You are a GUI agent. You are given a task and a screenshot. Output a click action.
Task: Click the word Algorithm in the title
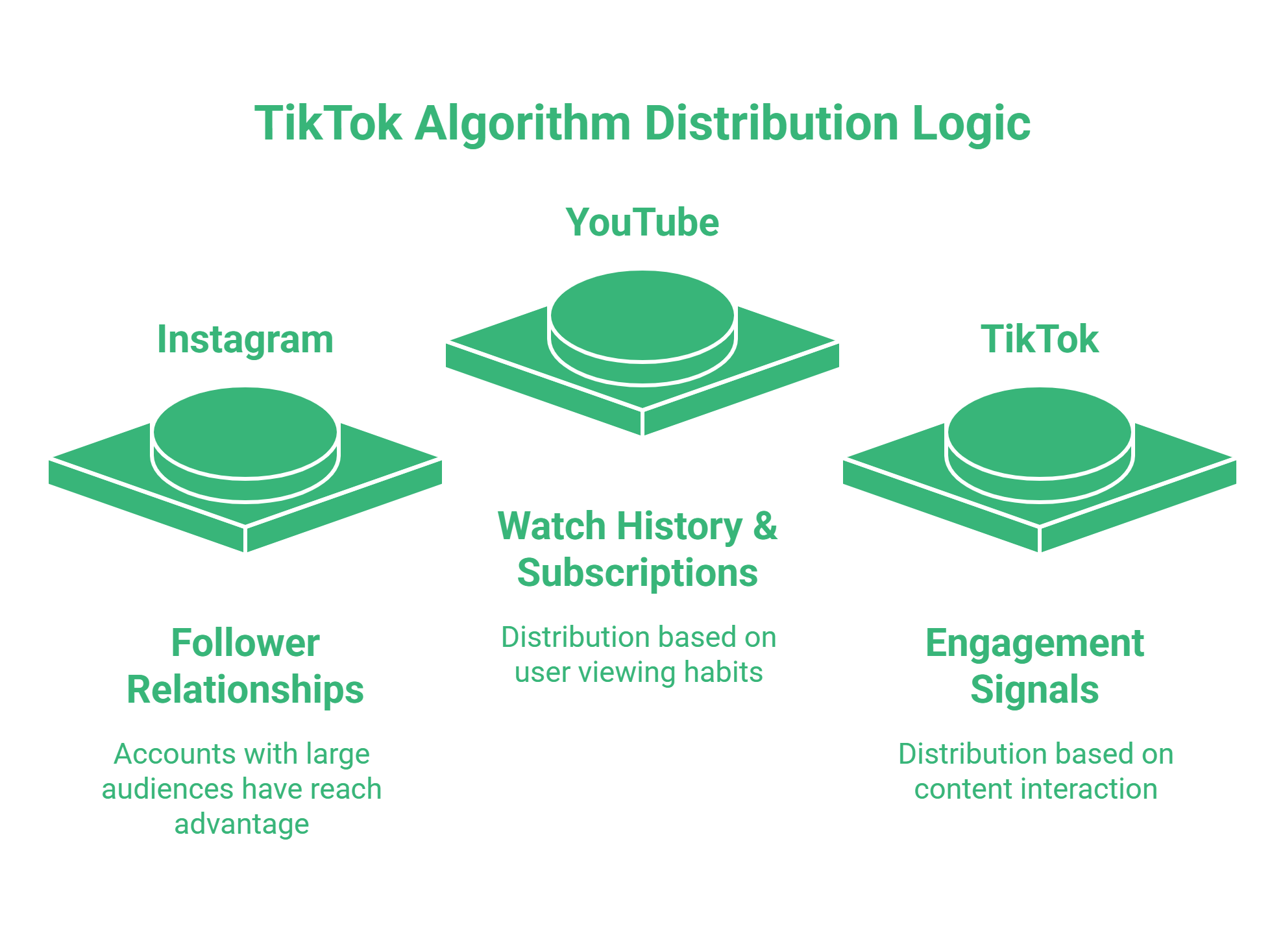522,123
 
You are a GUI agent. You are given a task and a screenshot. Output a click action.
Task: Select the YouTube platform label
642,223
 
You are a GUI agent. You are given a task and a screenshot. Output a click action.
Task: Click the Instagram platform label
245,339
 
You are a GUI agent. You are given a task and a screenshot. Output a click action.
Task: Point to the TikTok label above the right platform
1040,339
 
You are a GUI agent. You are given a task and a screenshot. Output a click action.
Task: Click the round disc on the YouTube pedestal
642,315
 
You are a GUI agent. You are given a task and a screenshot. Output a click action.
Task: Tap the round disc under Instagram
245,432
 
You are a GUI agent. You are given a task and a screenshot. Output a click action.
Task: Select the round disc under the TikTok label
1040,432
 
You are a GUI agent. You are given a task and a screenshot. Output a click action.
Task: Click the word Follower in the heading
245,643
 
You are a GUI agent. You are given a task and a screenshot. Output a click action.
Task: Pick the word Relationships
245,690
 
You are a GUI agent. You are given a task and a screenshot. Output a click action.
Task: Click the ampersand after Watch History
765,526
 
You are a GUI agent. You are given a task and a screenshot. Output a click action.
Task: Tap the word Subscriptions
637,573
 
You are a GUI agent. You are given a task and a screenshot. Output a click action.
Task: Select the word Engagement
1034,643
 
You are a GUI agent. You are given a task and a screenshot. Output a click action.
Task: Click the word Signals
1034,690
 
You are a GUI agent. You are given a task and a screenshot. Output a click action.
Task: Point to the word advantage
241,824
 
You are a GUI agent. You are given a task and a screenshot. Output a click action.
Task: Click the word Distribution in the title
772,123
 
